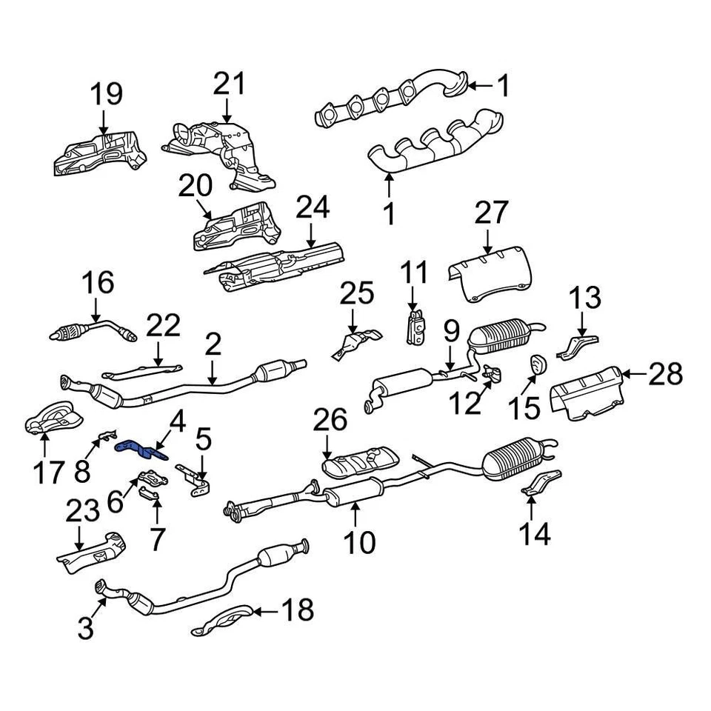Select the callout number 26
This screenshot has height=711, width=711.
[330, 421]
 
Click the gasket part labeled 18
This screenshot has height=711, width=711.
[222, 620]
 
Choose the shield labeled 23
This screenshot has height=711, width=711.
[92, 551]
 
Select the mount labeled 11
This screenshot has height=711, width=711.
[415, 326]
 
